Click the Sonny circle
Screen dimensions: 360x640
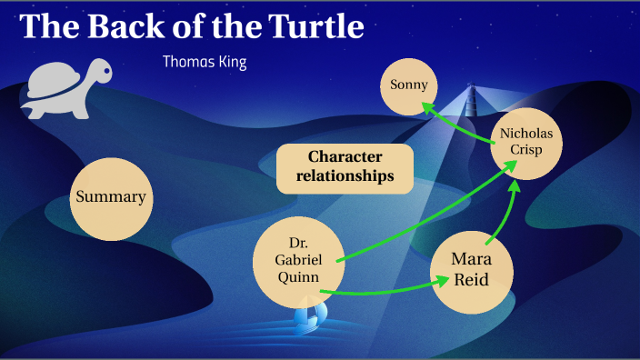pos(409,85)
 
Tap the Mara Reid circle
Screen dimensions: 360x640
pos(472,269)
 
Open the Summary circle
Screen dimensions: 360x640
pos(111,196)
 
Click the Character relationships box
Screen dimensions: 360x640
pos(345,166)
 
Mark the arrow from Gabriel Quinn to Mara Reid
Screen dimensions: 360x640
pos(382,291)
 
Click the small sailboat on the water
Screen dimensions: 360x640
pos(309,316)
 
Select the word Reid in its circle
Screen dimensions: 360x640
pos(472,280)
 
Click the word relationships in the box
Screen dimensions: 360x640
pos(345,175)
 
